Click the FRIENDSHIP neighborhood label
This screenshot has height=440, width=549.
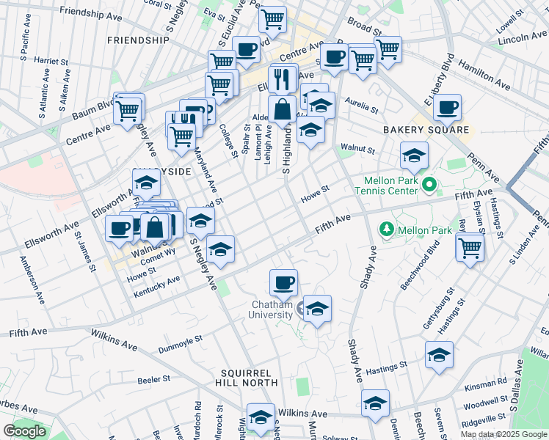[x=138, y=40]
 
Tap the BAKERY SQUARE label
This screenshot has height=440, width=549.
[x=426, y=130]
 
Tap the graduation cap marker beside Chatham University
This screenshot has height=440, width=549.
[x=317, y=308]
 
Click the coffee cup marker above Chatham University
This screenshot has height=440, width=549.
[x=283, y=282]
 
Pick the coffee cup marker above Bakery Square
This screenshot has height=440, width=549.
[x=447, y=107]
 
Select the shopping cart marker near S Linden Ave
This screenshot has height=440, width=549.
[x=470, y=246]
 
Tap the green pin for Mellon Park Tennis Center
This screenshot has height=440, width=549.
[x=429, y=185]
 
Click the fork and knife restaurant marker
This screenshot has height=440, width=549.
[x=283, y=78]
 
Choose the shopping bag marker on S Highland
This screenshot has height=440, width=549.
[x=282, y=110]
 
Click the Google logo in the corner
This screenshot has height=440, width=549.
[x=24, y=431]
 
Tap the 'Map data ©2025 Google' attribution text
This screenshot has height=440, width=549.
[x=503, y=434]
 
